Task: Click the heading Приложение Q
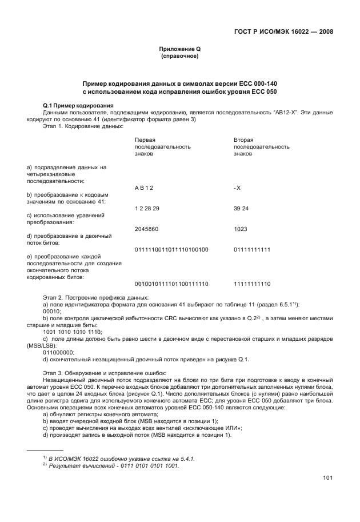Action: tap(179, 50)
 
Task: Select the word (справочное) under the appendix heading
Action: tap(179, 58)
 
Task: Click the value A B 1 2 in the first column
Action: tap(144, 188)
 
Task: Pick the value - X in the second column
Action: tap(237, 188)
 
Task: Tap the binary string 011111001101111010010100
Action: tap(171, 250)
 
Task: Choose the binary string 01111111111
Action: tap(252, 250)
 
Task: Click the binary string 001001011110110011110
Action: tap(171, 284)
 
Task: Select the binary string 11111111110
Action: tap(252, 284)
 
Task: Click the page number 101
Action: tap(328, 477)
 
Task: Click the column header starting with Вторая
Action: tap(243, 140)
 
